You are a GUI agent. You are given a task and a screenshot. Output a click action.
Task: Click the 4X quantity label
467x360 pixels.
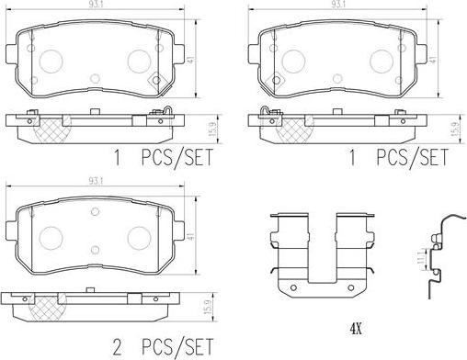coord(356,329)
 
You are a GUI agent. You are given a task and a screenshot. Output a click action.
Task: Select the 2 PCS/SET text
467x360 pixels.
coord(163,347)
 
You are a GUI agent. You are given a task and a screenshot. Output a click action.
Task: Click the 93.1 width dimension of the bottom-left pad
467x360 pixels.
coord(96,181)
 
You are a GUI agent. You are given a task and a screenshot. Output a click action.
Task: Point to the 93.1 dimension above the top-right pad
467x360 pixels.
coord(337,5)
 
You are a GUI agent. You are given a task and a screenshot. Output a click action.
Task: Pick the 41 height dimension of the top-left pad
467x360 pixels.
coord(191,59)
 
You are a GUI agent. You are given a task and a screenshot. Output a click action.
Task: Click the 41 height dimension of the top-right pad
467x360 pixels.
coord(432,59)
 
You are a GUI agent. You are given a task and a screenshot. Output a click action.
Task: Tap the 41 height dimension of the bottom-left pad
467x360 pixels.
coord(191,236)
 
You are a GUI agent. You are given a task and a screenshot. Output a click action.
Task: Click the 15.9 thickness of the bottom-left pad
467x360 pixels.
coord(208,307)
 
